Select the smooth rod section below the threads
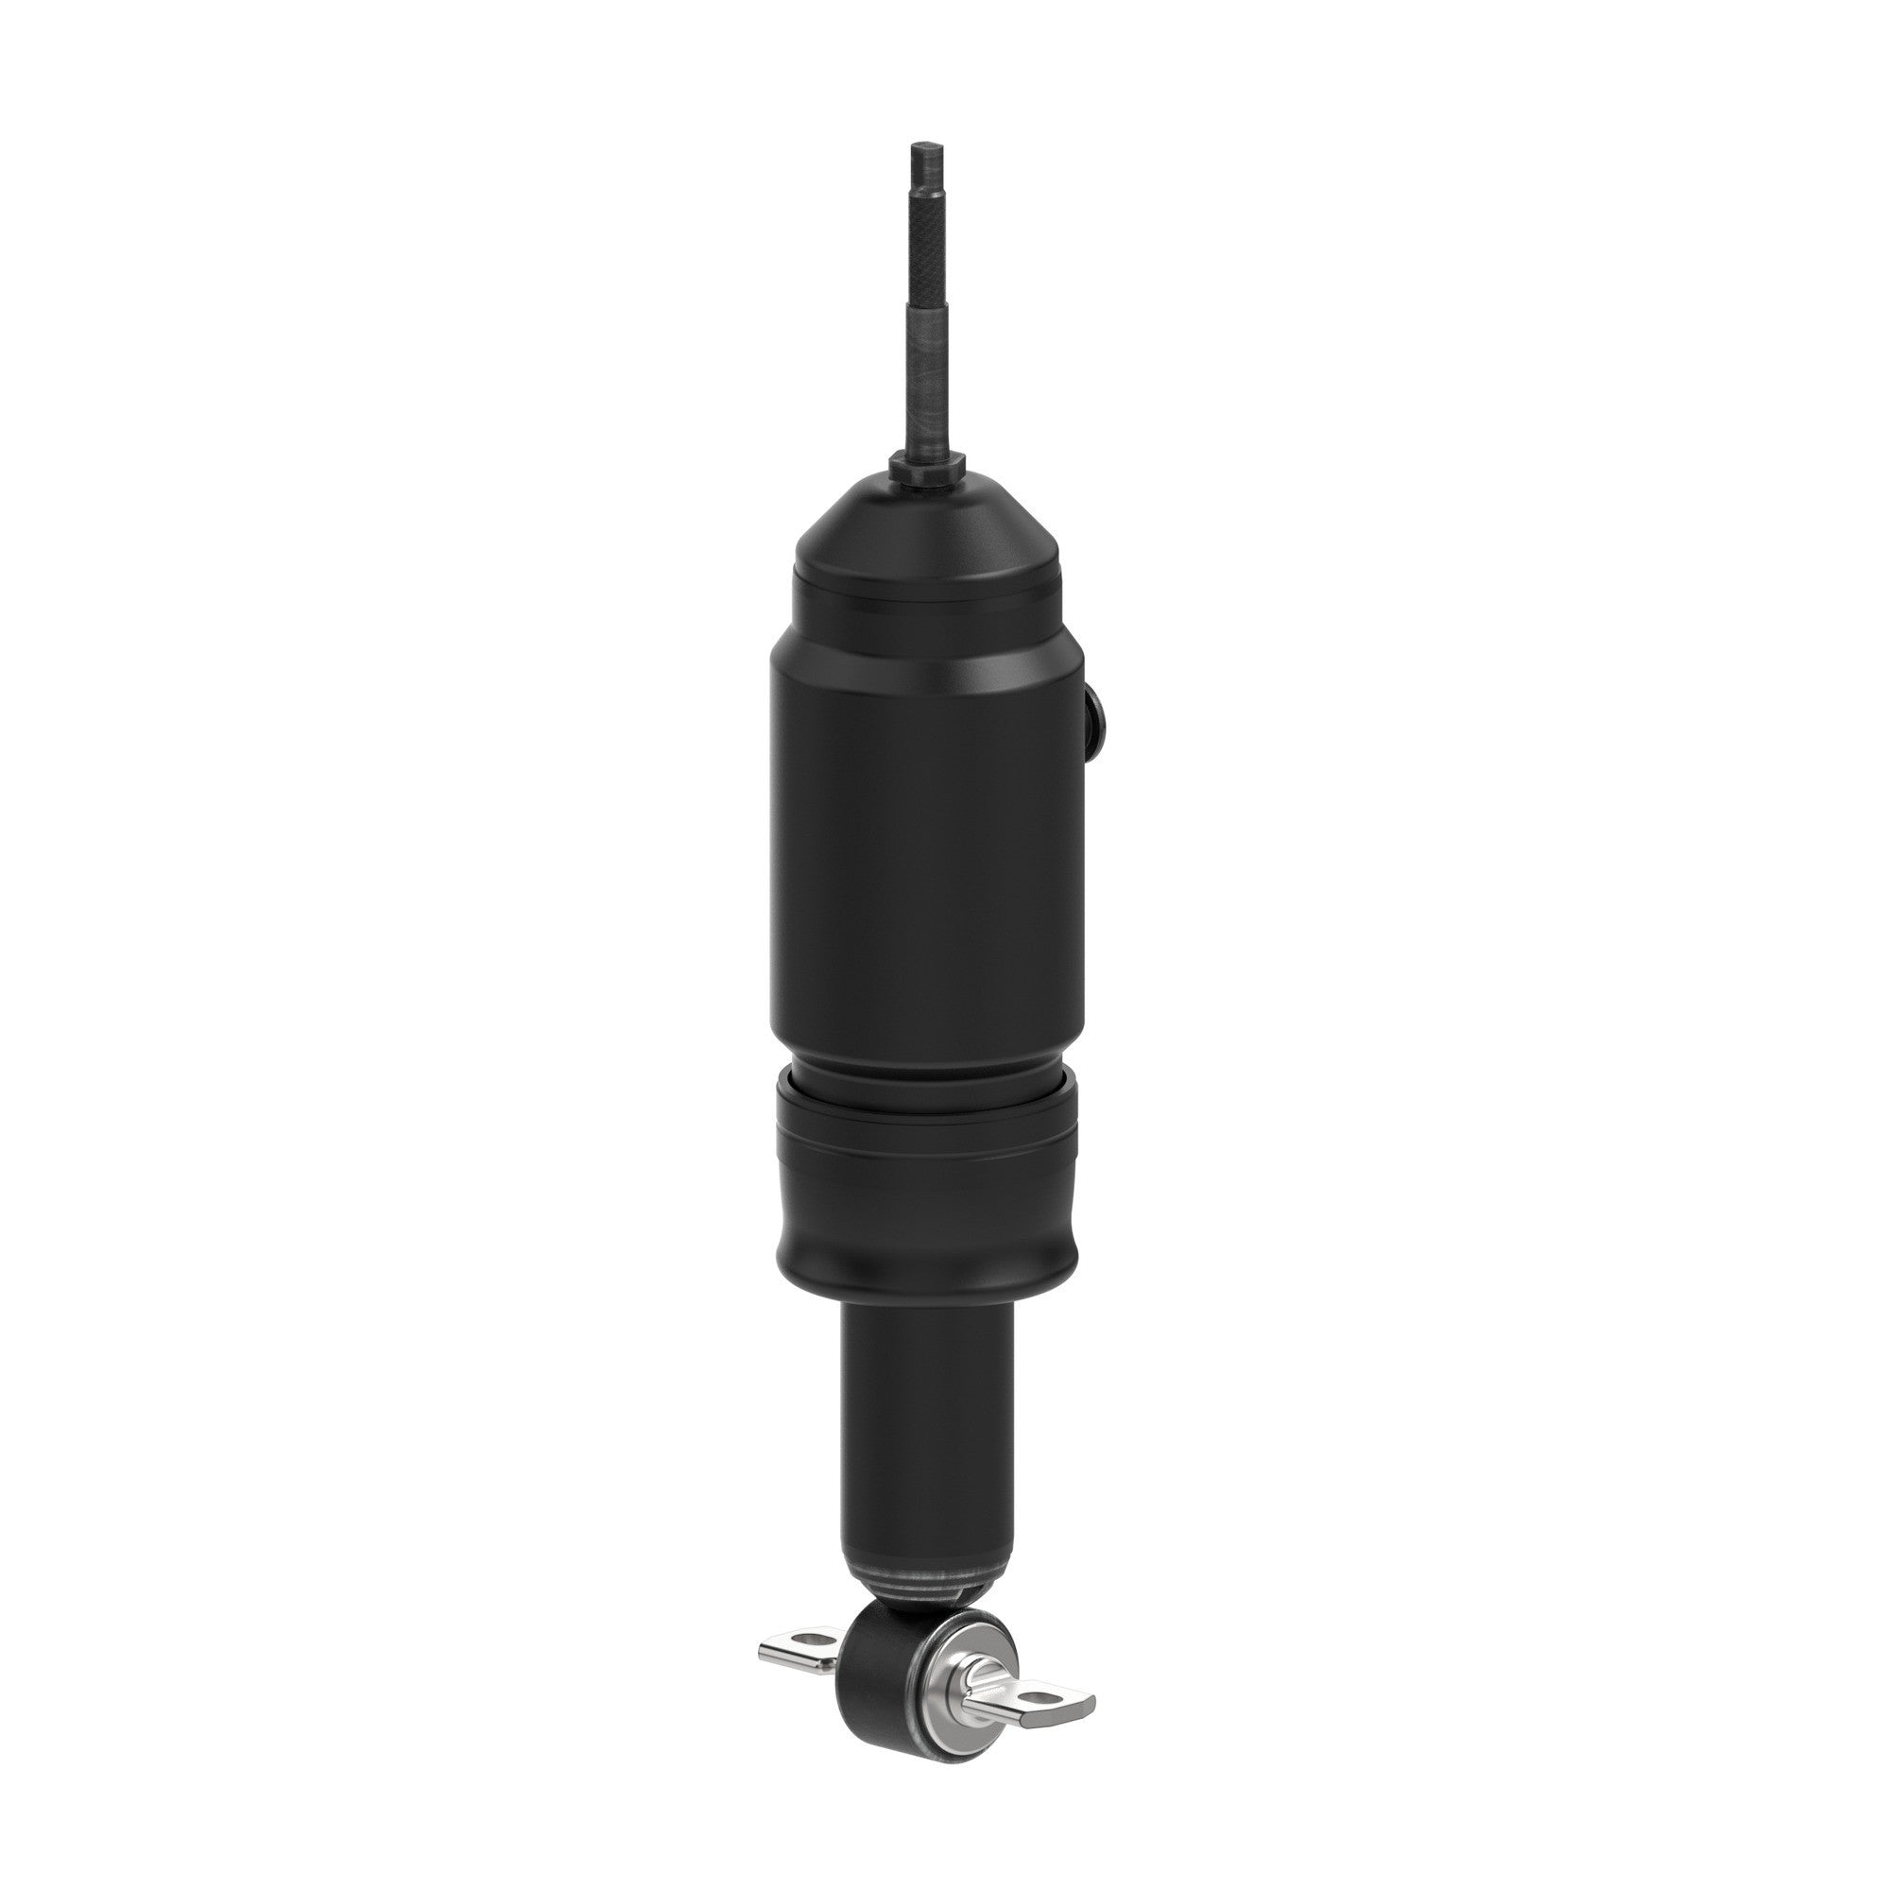click(x=926, y=391)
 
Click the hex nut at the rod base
click(x=926, y=467)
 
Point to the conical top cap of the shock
click(x=926, y=528)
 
